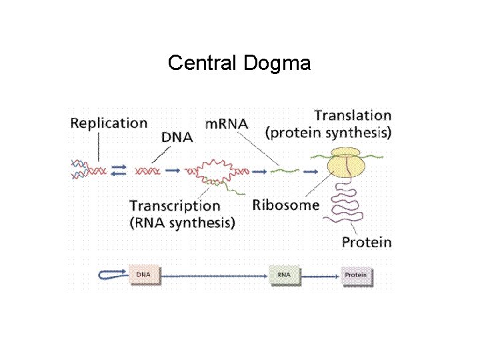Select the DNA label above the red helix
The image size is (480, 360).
pos(177,137)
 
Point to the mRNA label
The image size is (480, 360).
pos(227,123)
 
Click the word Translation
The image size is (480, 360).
pos(353,116)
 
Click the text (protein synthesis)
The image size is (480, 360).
pos(329,133)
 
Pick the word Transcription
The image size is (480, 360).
pos(175,206)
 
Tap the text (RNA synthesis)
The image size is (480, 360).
pos(182,223)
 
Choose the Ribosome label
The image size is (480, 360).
pos(286,205)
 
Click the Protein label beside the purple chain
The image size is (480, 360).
pos(367,242)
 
